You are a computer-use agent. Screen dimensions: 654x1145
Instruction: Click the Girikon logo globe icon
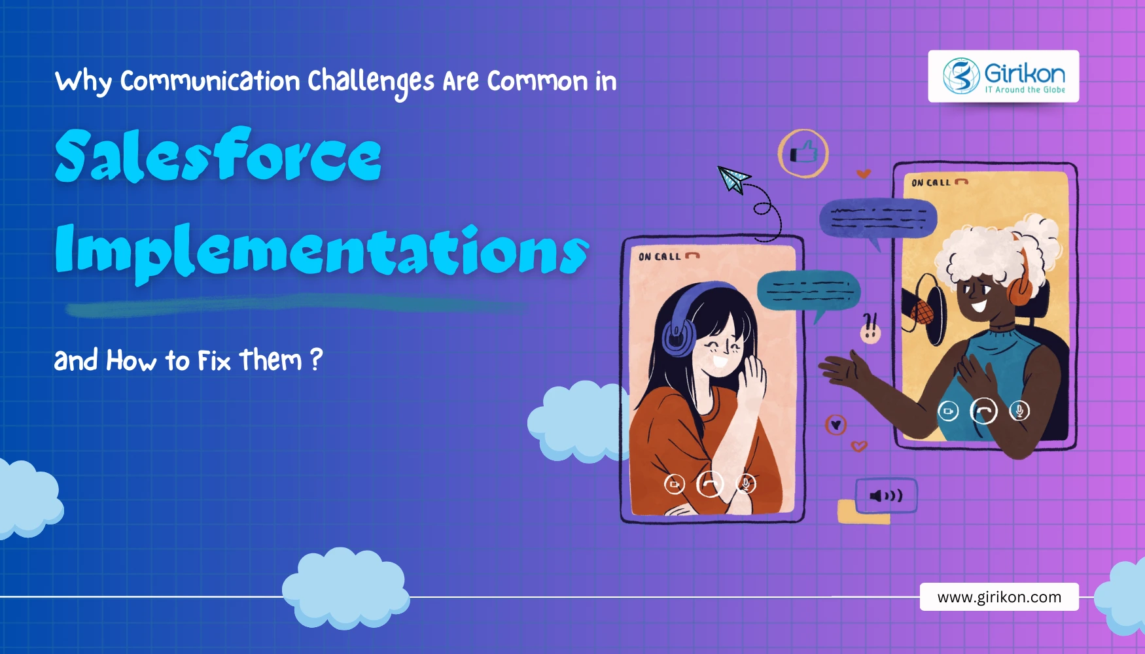coord(961,76)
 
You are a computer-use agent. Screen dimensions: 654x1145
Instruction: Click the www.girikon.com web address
coord(999,597)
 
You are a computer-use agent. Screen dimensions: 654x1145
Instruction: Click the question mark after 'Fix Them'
coord(316,360)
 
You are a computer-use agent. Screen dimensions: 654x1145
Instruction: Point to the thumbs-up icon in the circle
coord(803,154)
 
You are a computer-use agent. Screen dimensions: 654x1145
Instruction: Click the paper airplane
coord(733,179)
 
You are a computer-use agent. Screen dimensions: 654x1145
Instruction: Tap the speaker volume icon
coord(886,496)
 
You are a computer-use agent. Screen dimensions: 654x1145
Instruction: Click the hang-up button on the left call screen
coord(710,485)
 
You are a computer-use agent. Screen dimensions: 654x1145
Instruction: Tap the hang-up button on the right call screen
coord(983,411)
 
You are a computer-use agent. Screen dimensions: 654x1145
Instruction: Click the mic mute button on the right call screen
coord(1019,411)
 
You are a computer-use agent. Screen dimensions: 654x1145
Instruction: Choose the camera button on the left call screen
coord(675,485)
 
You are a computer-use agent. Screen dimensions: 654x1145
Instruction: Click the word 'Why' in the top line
coord(83,82)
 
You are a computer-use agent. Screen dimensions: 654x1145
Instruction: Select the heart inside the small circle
coord(836,425)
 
